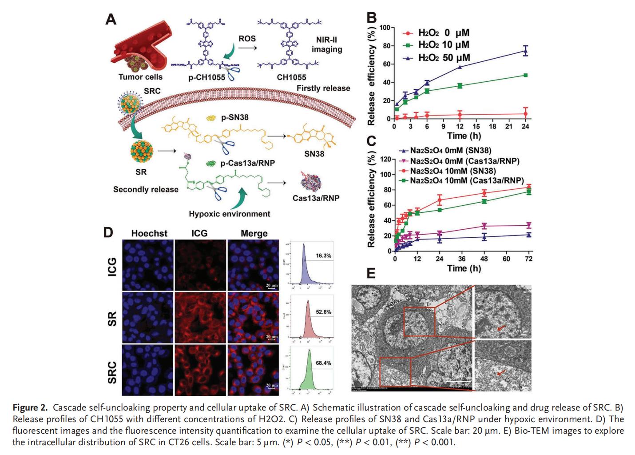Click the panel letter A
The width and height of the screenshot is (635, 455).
pos(111,19)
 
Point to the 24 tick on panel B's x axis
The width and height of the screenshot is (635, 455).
pos(525,127)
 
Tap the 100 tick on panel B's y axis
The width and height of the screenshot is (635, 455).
pos(385,28)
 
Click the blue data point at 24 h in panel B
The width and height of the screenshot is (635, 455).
pos(526,51)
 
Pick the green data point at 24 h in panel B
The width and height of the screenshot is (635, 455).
pos(526,75)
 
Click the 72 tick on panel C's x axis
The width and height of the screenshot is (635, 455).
pos(529,259)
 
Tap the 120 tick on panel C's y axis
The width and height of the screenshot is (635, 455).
pos(385,159)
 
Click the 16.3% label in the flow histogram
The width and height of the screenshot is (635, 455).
pos(323,256)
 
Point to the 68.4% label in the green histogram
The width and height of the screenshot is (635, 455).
pos(323,363)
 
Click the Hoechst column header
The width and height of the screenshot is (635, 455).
pos(149,233)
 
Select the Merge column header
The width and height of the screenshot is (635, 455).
pos(254,233)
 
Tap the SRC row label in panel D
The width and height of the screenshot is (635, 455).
pos(112,372)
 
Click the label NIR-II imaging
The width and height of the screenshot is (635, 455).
pos(327,44)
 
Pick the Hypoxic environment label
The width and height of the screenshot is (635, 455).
pos(229,214)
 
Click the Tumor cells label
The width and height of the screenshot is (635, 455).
pos(140,77)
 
